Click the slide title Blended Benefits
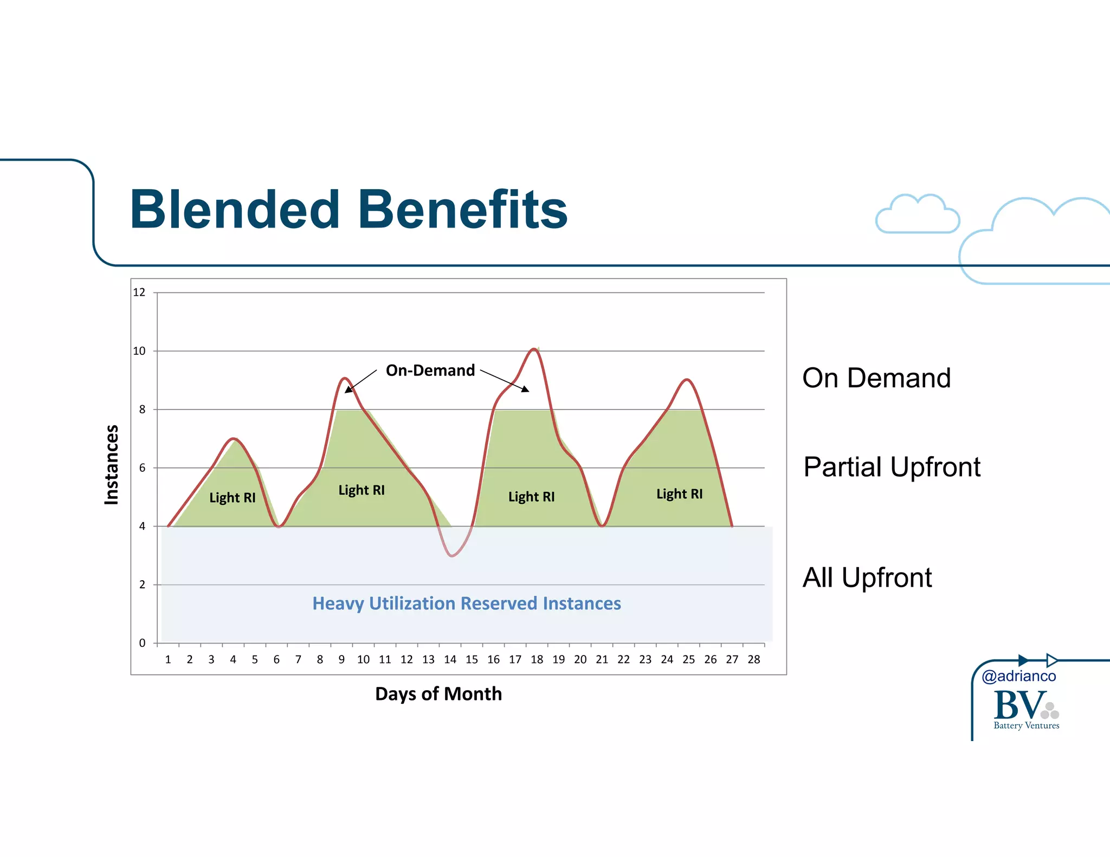349,210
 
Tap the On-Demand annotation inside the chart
430,371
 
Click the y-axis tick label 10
139,351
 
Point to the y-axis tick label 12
139,293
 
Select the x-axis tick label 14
450,659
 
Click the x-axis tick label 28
753,659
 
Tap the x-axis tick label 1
168,659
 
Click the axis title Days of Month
438,694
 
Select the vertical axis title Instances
112,465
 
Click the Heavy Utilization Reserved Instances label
466,603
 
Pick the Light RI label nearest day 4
232,497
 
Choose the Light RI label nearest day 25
679,494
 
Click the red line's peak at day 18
534,349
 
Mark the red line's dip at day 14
451,556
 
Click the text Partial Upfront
892,467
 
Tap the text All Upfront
867,577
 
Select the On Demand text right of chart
876,378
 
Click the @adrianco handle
1018,676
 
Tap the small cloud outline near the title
917,215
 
